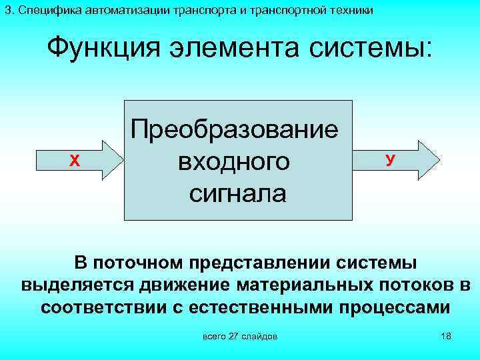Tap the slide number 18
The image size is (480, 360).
coord(446,335)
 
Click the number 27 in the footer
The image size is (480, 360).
coord(233,335)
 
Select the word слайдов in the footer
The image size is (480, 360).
coord(260,335)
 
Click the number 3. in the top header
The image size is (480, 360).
coord(9,10)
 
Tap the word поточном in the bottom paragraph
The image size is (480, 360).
coord(136,262)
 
